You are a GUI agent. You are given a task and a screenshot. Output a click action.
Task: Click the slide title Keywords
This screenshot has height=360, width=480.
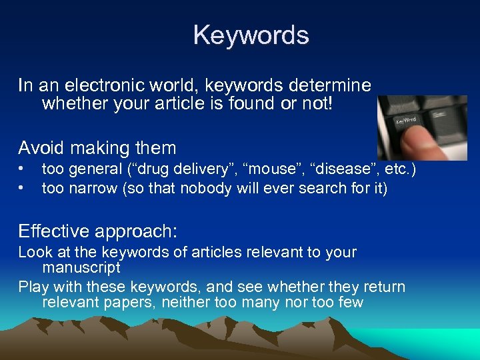[x=251, y=35]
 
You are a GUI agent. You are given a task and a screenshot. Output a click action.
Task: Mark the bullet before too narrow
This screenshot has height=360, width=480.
[x=21, y=189]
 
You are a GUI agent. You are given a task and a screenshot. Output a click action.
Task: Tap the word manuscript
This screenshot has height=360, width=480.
[x=81, y=268]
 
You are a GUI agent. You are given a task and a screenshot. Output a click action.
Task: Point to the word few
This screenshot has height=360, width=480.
[x=349, y=303]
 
